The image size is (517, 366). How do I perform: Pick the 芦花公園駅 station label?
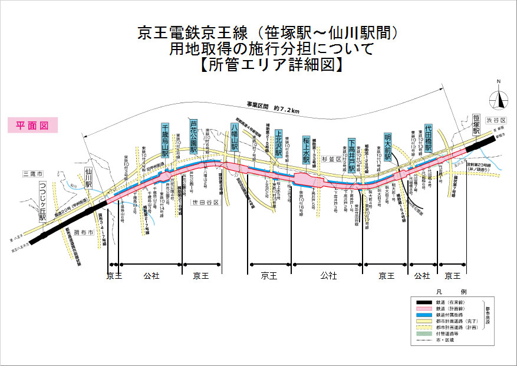pos(193,136)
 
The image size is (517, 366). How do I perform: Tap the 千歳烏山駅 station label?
pos(166,140)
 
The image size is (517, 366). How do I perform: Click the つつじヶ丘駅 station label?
pos(42,202)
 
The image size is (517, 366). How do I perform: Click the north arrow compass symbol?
pos(499,97)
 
